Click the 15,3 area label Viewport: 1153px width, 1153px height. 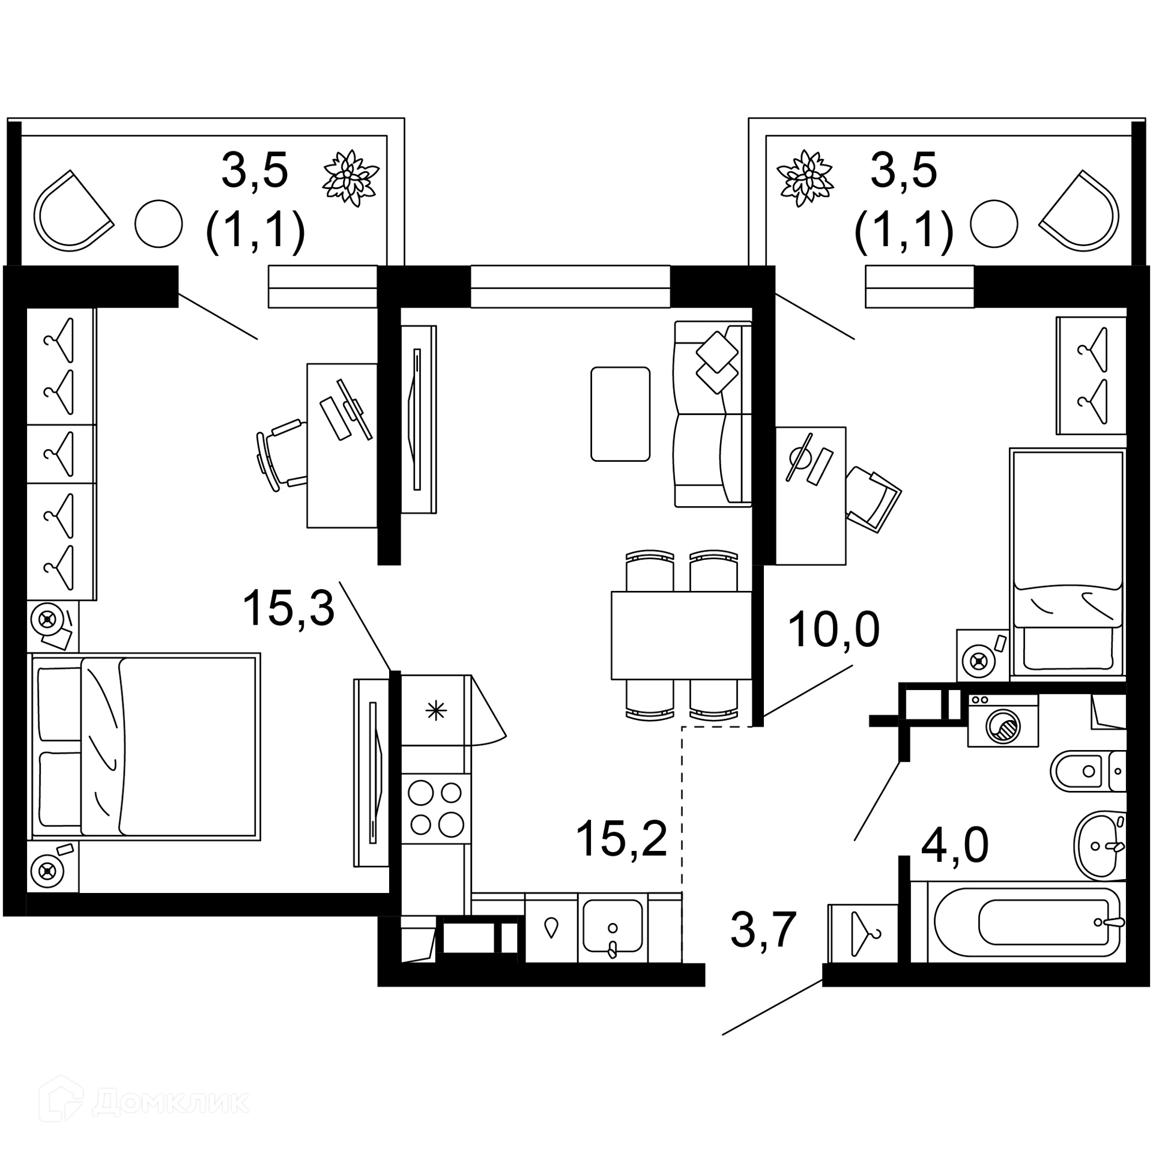tap(288, 608)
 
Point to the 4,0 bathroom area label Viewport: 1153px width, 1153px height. tap(955, 846)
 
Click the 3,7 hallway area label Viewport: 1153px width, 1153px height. tap(763, 930)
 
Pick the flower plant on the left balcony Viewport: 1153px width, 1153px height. tap(351, 178)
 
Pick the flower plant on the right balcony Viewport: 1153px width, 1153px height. tap(806, 178)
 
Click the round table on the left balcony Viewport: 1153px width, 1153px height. tap(159, 223)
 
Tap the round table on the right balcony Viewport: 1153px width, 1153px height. tap(994, 223)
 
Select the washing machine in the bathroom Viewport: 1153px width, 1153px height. tap(1003, 720)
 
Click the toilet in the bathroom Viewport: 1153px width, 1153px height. tap(1088, 771)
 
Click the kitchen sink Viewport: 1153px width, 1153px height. tap(613, 927)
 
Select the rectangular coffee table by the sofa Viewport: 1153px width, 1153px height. tap(620, 414)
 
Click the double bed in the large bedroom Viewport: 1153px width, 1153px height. tap(144, 746)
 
